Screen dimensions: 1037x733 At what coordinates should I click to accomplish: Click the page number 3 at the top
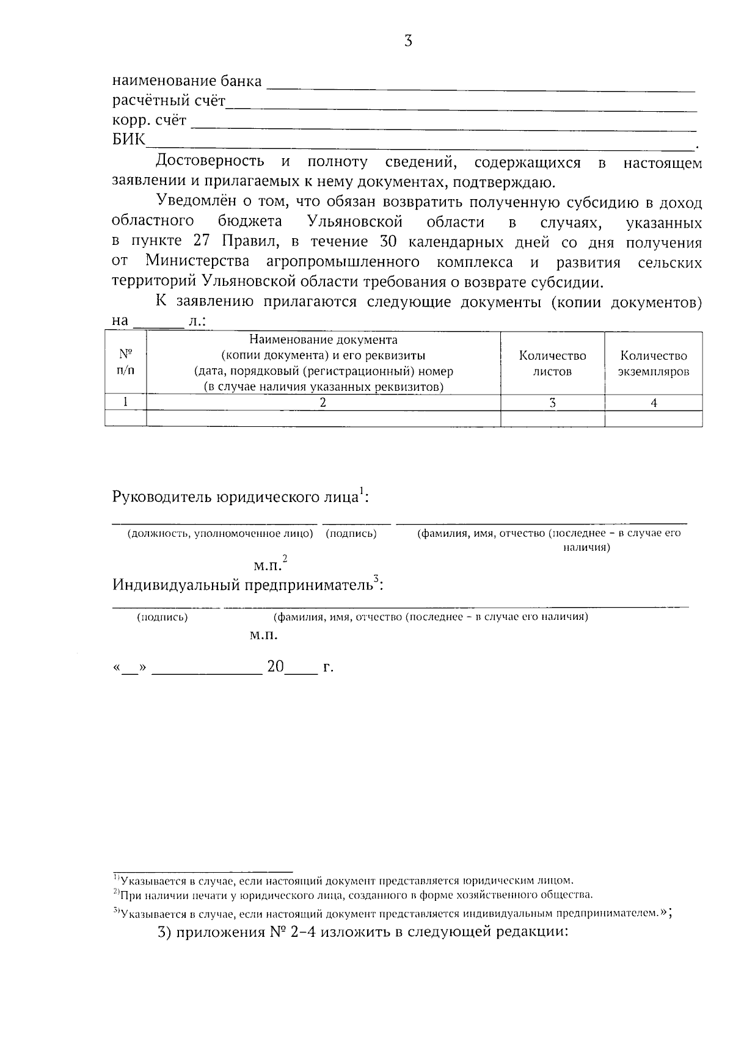coord(408,42)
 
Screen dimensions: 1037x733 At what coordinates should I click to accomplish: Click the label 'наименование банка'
coord(187,81)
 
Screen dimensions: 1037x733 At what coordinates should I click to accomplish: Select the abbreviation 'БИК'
coord(128,140)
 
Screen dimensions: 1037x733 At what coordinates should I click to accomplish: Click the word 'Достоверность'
coord(210,162)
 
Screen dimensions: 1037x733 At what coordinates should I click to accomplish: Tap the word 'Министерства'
coord(197,262)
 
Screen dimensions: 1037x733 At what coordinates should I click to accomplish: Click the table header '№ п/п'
coord(125,363)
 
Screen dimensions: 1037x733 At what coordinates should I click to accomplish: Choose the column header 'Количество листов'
coord(552,363)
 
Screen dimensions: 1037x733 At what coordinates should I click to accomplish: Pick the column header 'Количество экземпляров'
coord(653,363)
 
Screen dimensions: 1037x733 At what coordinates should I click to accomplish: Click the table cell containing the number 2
coord(323,402)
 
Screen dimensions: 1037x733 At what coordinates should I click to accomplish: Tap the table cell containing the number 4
coord(654,402)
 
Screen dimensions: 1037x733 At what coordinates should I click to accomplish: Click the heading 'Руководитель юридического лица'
coord(235,497)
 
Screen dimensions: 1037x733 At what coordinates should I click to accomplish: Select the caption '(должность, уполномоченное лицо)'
coord(220,534)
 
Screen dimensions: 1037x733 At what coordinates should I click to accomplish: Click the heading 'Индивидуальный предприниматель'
coord(243,586)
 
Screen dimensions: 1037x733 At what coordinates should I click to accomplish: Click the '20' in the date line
coord(275,666)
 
